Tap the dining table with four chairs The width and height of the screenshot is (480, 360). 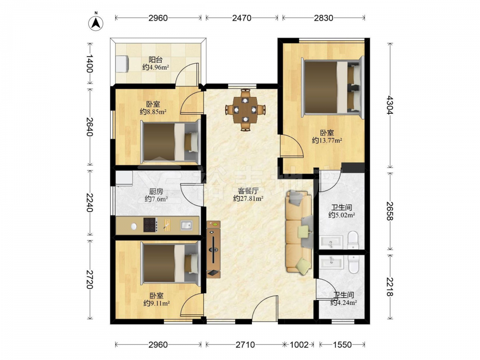tap(245, 109)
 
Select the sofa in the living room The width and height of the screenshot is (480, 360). tap(299, 232)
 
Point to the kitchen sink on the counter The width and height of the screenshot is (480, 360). tap(186, 225)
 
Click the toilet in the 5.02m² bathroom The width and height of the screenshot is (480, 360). tap(353, 240)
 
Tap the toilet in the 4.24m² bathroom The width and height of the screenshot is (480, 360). tap(353, 264)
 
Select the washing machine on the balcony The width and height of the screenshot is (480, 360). tap(122, 64)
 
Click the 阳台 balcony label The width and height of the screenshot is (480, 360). tap(155, 60)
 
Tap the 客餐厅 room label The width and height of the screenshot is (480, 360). tap(248, 191)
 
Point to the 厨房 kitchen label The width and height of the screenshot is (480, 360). tap(156, 192)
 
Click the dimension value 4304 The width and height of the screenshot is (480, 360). tap(390, 105)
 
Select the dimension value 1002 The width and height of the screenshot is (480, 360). tap(299, 345)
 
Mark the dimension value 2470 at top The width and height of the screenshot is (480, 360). tap(241, 18)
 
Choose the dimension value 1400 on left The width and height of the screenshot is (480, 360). tap(89, 64)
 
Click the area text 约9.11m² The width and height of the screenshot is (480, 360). tap(156, 303)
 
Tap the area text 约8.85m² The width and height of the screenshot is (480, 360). tap(153, 112)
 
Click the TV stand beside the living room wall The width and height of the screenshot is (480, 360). tap(214, 249)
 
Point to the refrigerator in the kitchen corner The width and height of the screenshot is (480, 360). tap(124, 178)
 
